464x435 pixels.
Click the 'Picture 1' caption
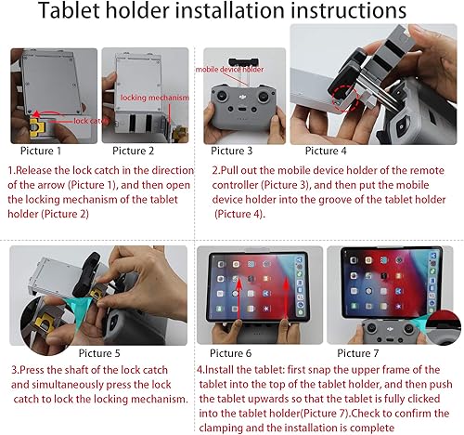point(39,150)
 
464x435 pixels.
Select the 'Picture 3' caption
point(233,151)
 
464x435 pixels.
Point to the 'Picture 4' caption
point(325,151)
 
